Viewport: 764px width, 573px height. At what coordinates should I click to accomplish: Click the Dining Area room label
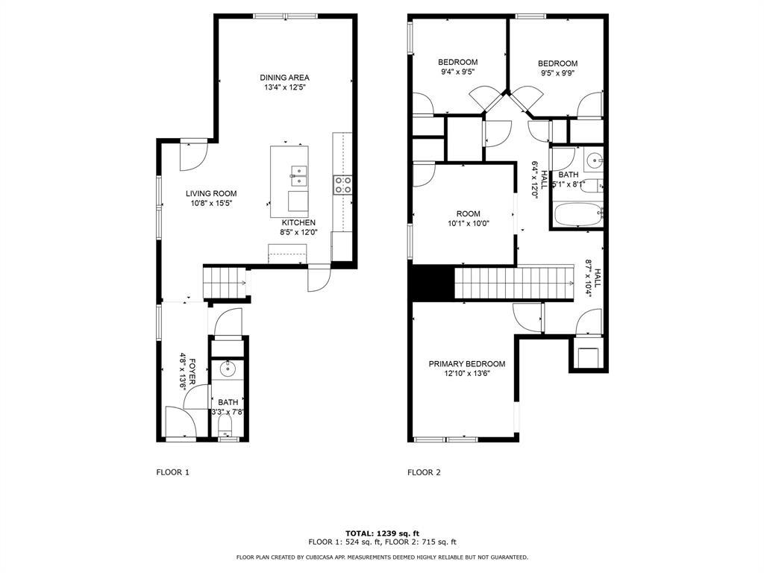tap(284, 78)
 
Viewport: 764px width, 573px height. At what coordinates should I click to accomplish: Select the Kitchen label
tap(298, 222)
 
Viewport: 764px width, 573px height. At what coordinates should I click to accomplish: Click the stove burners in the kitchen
tap(342, 185)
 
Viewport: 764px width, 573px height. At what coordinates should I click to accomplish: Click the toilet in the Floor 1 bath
tap(225, 427)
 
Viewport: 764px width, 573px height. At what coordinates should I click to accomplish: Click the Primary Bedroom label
tap(466, 364)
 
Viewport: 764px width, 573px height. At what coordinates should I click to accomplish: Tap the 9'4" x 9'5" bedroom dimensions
tap(457, 72)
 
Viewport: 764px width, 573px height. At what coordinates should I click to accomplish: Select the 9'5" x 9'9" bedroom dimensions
tap(558, 73)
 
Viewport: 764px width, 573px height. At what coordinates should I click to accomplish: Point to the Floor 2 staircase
tap(513, 284)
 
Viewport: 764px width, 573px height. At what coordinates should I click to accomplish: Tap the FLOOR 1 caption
tap(172, 472)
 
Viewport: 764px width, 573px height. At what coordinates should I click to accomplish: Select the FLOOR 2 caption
tap(424, 472)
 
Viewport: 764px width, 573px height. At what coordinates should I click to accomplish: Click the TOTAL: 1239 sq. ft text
tap(381, 533)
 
